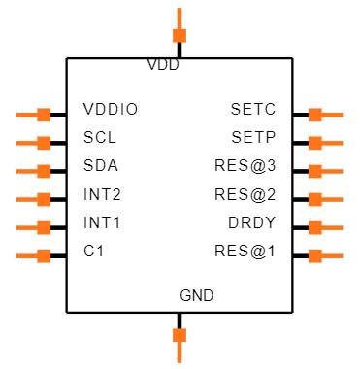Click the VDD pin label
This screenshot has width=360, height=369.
[163, 66]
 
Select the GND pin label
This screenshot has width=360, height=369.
[197, 295]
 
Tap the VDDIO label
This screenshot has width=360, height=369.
[111, 110]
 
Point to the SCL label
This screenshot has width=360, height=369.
[100, 138]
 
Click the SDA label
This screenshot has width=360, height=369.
[101, 167]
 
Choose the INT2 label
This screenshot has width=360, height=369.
[102, 195]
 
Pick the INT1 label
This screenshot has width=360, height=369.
[102, 223]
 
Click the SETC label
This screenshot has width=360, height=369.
[253, 110]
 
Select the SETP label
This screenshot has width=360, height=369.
[253, 138]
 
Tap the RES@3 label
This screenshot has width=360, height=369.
[245, 167]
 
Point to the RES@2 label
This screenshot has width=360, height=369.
[245, 195]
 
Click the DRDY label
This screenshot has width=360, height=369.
[251, 223]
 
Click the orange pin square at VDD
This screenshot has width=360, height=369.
[180, 36]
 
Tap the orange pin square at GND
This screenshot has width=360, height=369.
[180, 336]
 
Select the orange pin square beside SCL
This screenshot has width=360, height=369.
[44, 143]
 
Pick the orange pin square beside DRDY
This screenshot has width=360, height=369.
[315, 228]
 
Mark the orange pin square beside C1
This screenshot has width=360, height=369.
[44, 256]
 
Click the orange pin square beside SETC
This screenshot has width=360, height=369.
[315, 115]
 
